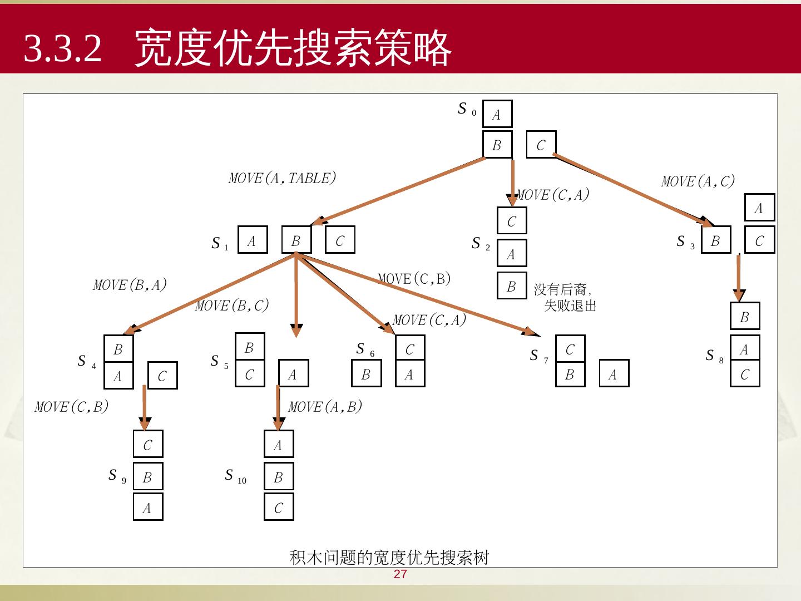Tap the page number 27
[x=400, y=575]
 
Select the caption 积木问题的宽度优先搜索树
[x=389, y=557]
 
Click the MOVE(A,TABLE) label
[x=283, y=178]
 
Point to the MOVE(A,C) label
[x=698, y=181]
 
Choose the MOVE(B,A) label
[x=130, y=285]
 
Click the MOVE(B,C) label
[x=232, y=306]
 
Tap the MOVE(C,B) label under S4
[x=71, y=407]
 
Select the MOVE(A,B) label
[x=325, y=407]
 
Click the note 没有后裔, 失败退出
[x=565, y=297]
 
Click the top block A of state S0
[x=497, y=115]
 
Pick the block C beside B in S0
[x=541, y=145]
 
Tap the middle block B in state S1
[x=296, y=240]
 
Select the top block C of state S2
[x=511, y=221]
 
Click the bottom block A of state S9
[x=147, y=508]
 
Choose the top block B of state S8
[x=744, y=317]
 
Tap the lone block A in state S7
[x=614, y=374]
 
